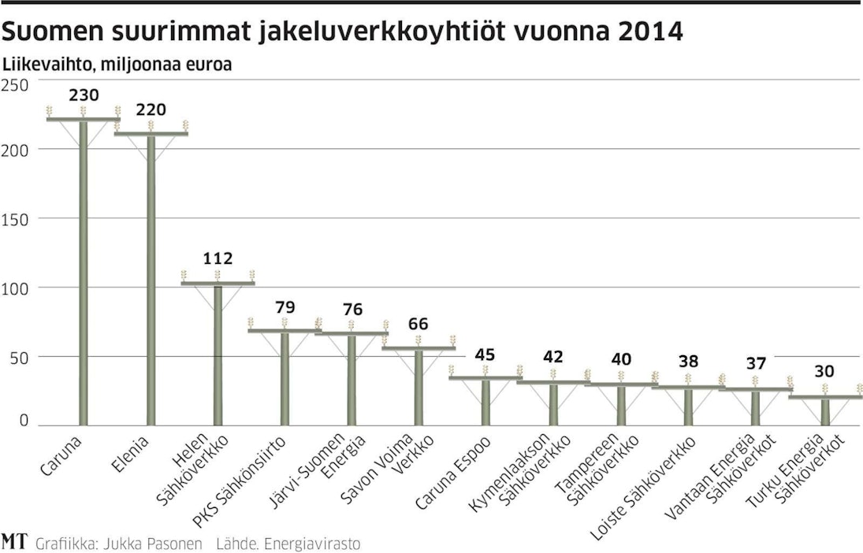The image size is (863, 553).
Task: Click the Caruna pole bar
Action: [x=83, y=272]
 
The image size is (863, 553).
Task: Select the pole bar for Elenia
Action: [x=151, y=280]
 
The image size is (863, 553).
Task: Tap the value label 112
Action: [x=218, y=258]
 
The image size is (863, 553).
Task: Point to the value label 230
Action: [x=84, y=95]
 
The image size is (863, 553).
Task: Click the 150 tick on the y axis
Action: [x=15, y=218]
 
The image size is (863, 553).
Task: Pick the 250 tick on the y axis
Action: [x=15, y=84]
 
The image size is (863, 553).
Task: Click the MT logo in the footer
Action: [x=12, y=542]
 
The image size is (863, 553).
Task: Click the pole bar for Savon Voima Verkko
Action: [x=418, y=386]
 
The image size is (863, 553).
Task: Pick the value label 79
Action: [x=285, y=306]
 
